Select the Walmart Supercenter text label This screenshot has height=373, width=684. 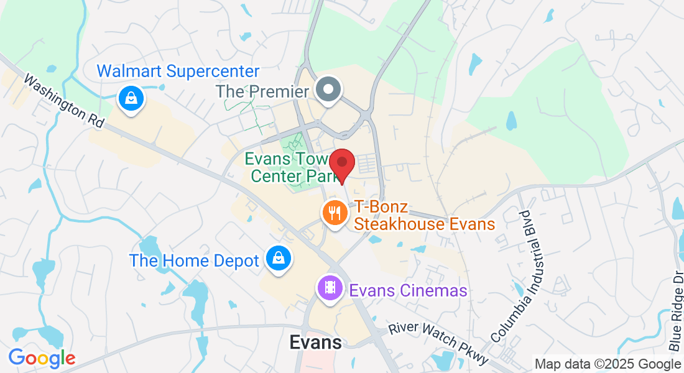point(178,71)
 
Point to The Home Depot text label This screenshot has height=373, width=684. point(194,260)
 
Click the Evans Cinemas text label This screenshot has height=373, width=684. point(408,290)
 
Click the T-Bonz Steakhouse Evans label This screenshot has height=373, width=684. point(425,215)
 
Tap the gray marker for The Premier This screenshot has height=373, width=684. point(328,90)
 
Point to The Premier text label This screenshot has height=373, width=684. point(262,92)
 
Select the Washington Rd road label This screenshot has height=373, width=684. point(64,102)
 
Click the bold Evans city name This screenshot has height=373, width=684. point(316,343)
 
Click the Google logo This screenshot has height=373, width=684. point(42,357)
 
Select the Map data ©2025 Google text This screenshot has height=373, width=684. point(608,364)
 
